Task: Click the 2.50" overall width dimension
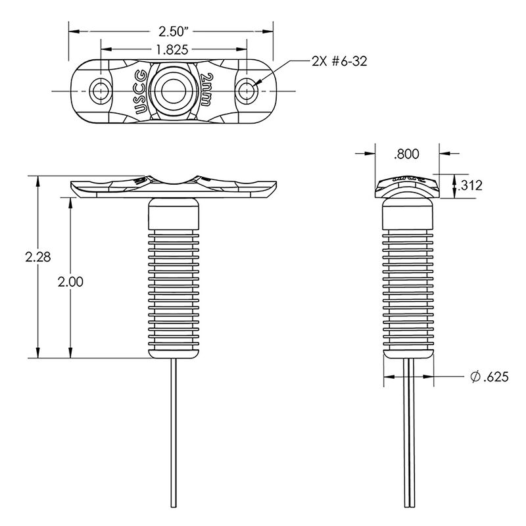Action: pyautogui.click(x=173, y=30)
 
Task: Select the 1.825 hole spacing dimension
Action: pyautogui.click(x=174, y=49)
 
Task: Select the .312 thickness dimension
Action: pyautogui.click(x=470, y=185)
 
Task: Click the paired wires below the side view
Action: pyautogui.click(x=408, y=434)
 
